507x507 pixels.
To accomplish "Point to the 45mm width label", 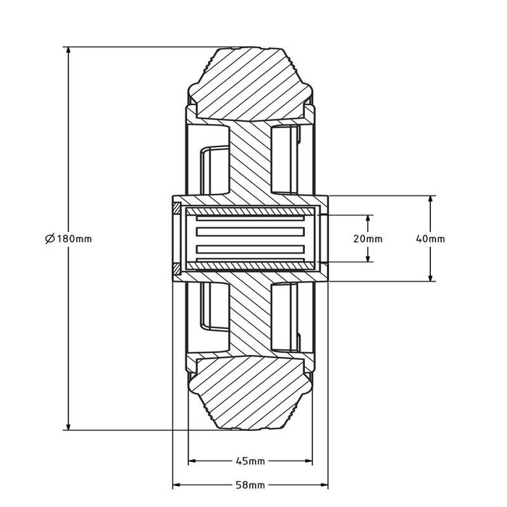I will click(x=251, y=461).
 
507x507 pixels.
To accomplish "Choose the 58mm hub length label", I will click(x=251, y=485).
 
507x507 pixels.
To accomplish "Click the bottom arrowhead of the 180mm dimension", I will click(x=68, y=426).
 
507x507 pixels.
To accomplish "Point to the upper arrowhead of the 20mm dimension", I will click(x=369, y=219).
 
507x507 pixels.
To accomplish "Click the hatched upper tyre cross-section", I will click(x=251, y=80).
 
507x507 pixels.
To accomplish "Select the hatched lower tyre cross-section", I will click(x=251, y=398).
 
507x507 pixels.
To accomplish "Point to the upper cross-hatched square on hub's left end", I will click(x=177, y=210).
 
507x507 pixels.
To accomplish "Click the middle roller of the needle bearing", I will click(x=250, y=238).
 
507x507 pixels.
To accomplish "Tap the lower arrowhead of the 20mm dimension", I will click(x=369, y=258).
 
